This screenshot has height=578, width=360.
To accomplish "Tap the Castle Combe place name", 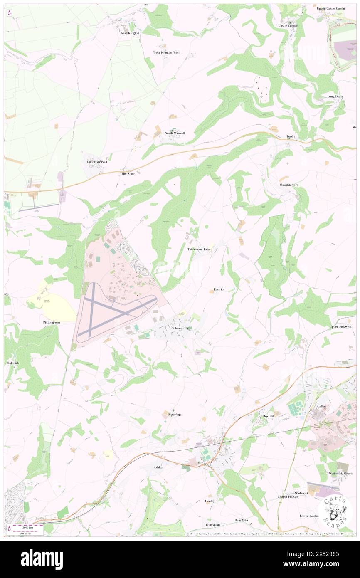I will (x=288, y=26).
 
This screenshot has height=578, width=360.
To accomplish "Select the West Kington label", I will (x=130, y=33).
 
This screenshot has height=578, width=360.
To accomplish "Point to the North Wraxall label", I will (x=175, y=133).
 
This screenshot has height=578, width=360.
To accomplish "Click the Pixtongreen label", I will (x=52, y=322).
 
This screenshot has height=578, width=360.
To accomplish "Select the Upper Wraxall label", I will (x=97, y=161).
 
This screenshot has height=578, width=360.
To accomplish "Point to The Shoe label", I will (x=128, y=173).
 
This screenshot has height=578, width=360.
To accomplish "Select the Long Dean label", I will (x=335, y=96).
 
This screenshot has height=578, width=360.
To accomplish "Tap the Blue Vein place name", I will (x=241, y=520).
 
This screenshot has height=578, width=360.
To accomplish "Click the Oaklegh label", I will (x=13, y=363).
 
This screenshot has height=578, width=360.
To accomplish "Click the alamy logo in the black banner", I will (x=42, y=559).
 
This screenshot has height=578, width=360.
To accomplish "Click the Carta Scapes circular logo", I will (x=335, y=511).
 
